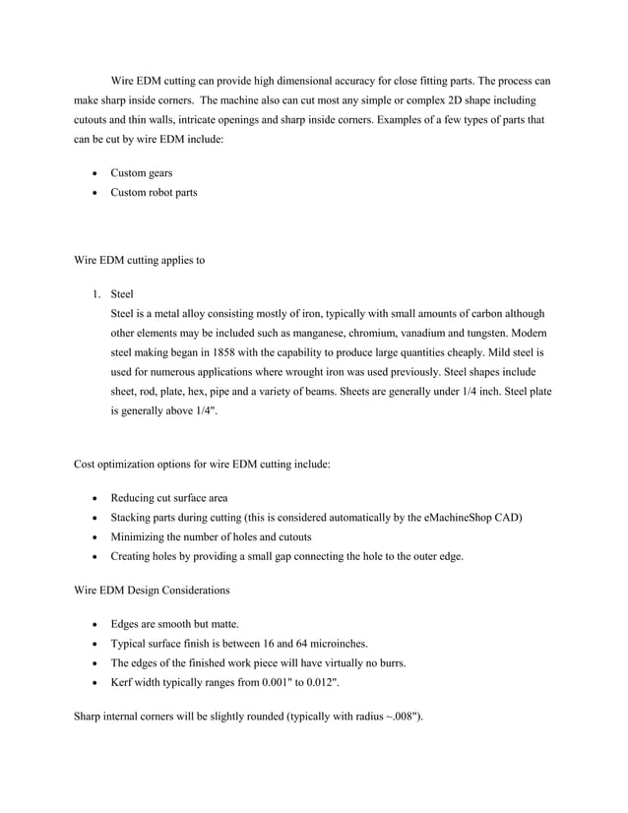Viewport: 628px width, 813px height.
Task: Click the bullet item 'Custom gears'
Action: pyautogui.click(x=141, y=173)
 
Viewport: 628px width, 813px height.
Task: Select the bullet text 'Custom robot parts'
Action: pyautogui.click(x=154, y=192)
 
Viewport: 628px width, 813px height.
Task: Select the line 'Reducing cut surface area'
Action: pyautogui.click(x=168, y=498)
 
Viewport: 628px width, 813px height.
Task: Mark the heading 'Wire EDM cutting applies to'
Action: pyautogui.click(x=139, y=261)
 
